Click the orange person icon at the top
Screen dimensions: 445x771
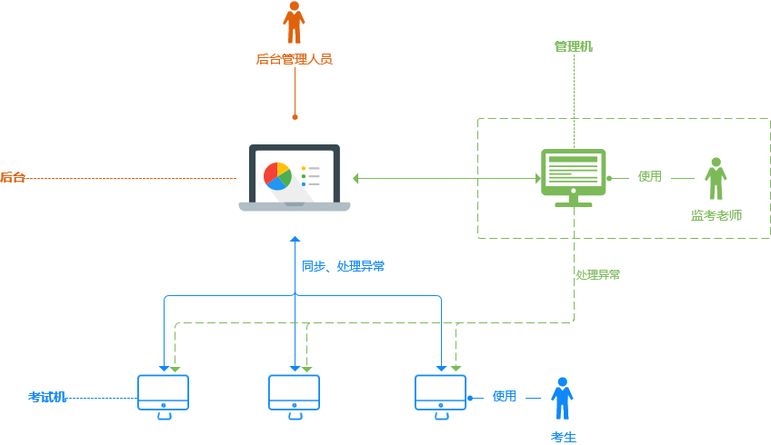pos(294,23)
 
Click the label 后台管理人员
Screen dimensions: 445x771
pos(294,60)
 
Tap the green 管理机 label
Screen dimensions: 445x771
pos(574,45)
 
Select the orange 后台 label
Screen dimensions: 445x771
pos(13,178)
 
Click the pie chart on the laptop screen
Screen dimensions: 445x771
pos(276,175)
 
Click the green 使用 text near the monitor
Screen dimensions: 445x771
pos(650,176)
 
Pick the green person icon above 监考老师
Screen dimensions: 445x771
pos(716,179)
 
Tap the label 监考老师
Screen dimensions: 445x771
pos(716,216)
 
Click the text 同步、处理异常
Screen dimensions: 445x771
pos(343,266)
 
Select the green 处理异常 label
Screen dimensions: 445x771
pos(598,274)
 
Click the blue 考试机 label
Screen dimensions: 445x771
pos(47,397)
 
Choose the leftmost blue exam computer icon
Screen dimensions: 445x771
pos(164,396)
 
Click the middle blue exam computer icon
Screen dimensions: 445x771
pos(295,396)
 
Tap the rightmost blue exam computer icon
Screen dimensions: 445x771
pos(440,396)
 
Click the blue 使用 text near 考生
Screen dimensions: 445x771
pos(505,396)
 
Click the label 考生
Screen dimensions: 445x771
pos(564,437)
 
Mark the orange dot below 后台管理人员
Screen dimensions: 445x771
pos(295,117)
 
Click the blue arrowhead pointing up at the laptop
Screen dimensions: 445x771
pos(295,239)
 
